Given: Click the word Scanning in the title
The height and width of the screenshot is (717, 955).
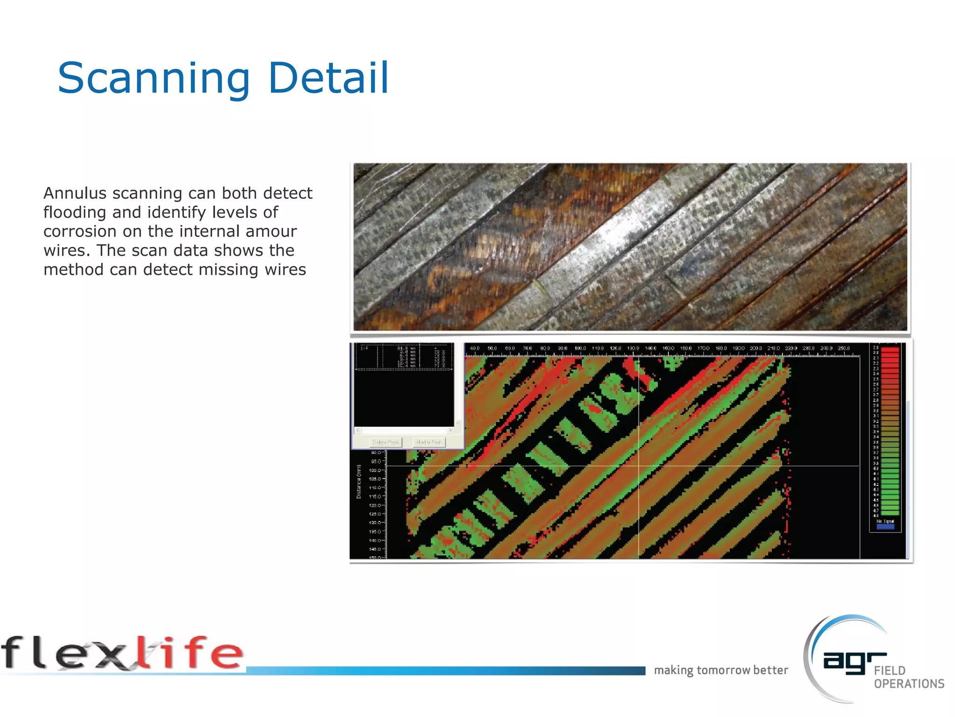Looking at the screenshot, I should [154, 78].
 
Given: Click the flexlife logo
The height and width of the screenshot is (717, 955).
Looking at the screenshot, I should [122, 654].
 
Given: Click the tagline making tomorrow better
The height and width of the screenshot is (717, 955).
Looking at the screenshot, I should [721, 670].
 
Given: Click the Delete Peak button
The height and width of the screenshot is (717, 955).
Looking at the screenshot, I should [386, 442].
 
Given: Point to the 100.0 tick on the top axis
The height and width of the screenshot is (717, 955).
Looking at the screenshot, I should [580, 349].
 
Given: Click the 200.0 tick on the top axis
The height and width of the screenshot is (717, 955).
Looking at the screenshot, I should [756, 349].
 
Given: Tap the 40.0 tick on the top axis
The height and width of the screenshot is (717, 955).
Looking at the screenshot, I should [475, 349].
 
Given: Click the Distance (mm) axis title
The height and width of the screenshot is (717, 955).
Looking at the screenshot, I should [359, 482].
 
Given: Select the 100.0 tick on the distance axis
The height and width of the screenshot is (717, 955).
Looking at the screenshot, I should [375, 470].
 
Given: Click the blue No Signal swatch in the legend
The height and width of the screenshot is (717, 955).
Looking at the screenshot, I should [886, 527].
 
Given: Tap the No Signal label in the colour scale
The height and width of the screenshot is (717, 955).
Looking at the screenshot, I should [886, 521].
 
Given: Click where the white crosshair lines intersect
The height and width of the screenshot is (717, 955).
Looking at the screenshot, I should [639, 466].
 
